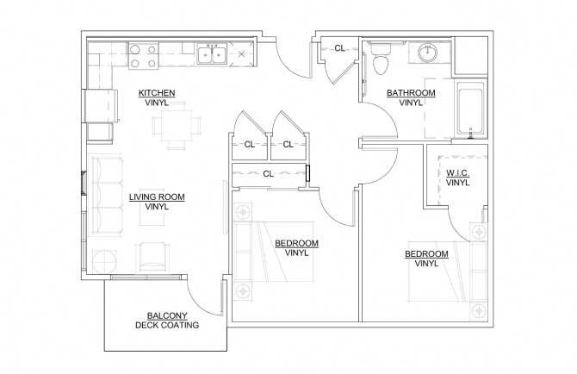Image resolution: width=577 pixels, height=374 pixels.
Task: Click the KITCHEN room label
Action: click(x=157, y=93)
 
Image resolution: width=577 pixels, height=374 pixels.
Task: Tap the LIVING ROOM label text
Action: click(x=156, y=197)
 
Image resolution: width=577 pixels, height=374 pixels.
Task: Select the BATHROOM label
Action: click(x=411, y=93)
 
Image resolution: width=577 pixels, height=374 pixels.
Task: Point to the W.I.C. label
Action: click(x=457, y=173)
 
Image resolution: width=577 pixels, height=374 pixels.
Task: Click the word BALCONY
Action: click(x=167, y=315)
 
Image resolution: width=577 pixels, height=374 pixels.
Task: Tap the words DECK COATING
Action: click(x=167, y=326)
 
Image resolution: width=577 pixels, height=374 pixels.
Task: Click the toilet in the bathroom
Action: click(x=382, y=62)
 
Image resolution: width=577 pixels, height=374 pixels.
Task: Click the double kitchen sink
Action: click(x=211, y=56)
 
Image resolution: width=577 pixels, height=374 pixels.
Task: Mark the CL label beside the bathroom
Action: click(x=340, y=48)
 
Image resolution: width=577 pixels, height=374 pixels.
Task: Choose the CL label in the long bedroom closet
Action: click(x=268, y=173)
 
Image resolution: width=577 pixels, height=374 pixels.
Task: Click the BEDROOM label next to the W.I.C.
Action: click(x=426, y=254)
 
